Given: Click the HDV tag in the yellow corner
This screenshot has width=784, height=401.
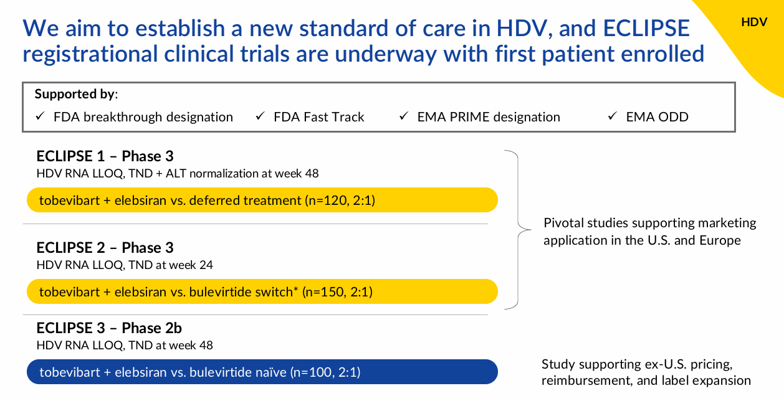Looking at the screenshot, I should pos(753,22).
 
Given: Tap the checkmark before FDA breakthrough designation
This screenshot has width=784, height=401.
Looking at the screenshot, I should pos(40,116).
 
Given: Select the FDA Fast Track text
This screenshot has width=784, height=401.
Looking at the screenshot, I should pos(318,117).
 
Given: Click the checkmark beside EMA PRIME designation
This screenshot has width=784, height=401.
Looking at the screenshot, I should pos(404,116).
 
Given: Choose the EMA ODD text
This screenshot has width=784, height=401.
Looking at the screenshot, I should pos(657,117).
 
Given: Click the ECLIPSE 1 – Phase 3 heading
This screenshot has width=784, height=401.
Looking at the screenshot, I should pos(105,156).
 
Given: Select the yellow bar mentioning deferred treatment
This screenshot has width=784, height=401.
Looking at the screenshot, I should pos(262,200).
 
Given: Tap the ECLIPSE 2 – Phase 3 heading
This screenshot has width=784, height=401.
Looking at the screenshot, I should pos(105,248).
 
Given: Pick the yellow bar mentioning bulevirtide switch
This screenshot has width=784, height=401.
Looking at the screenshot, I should pos(262,291).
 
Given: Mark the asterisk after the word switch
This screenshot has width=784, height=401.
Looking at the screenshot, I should pos(295,290).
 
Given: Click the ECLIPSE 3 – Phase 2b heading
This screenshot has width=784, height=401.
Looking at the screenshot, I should pos(109,328).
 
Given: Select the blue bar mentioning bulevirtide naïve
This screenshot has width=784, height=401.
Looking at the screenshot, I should pos(262,372).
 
